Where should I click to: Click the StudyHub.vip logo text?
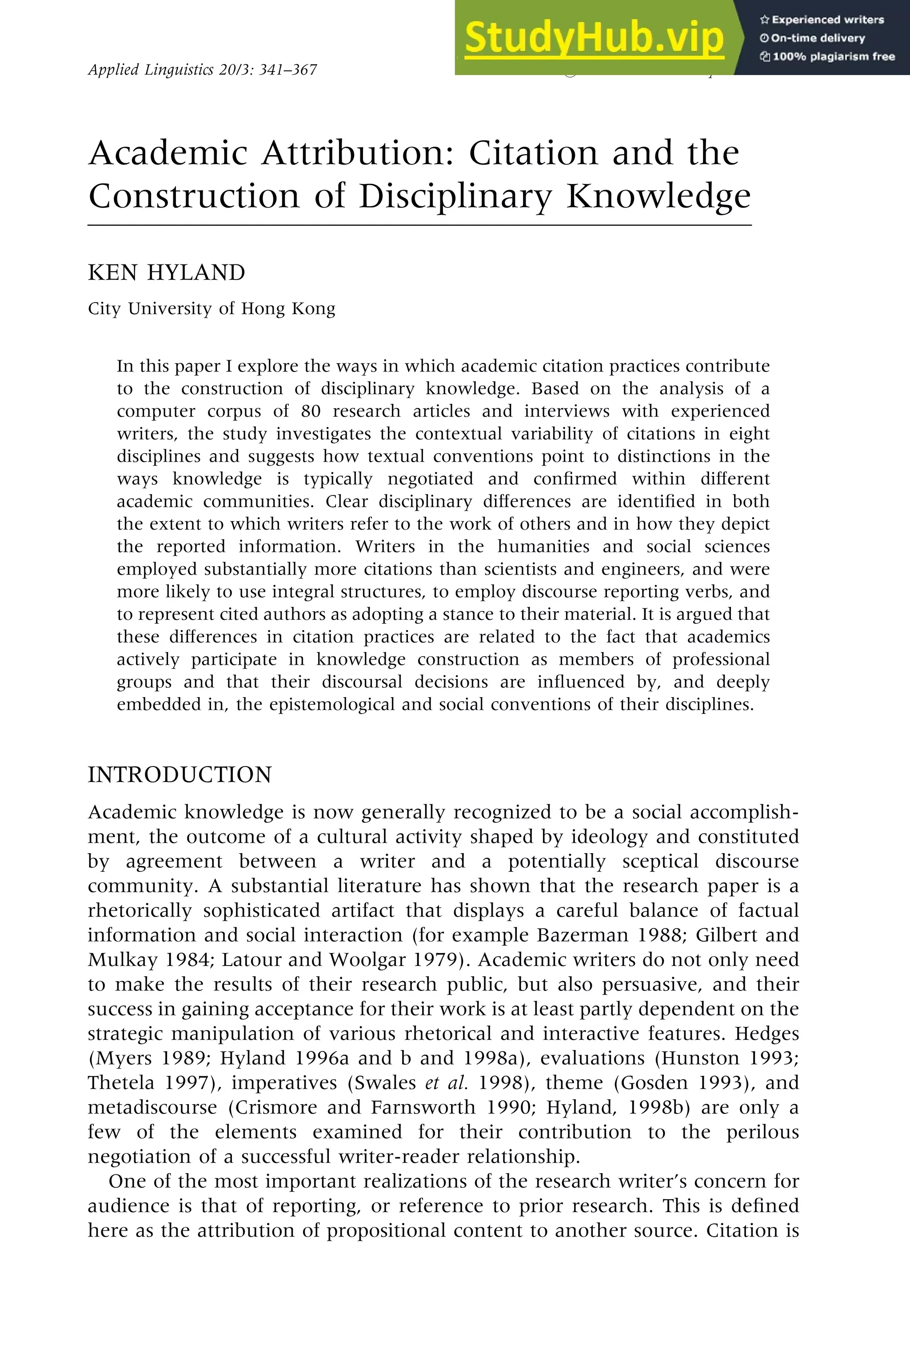coord(594,38)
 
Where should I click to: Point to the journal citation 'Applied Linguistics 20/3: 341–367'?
coord(203,70)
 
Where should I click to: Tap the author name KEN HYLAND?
coord(167,273)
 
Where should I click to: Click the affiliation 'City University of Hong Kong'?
coord(211,308)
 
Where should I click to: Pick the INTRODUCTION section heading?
coord(180,775)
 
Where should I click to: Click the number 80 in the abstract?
coord(311,411)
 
